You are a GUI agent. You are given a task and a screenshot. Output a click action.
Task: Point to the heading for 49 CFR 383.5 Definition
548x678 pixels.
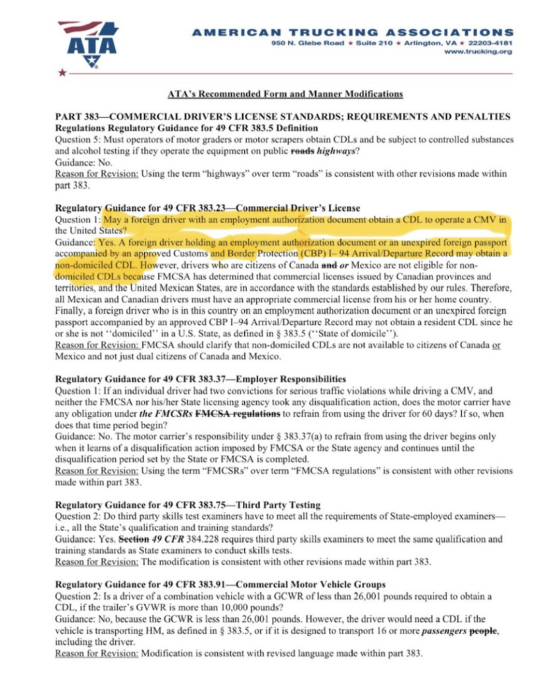tap(187, 128)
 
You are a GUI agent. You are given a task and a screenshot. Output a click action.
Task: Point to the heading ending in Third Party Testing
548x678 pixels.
tap(187, 504)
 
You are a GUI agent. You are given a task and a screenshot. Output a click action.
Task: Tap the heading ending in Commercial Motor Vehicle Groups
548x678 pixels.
tap(220, 584)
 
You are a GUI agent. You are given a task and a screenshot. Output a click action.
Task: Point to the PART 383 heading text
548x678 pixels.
tap(283, 117)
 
